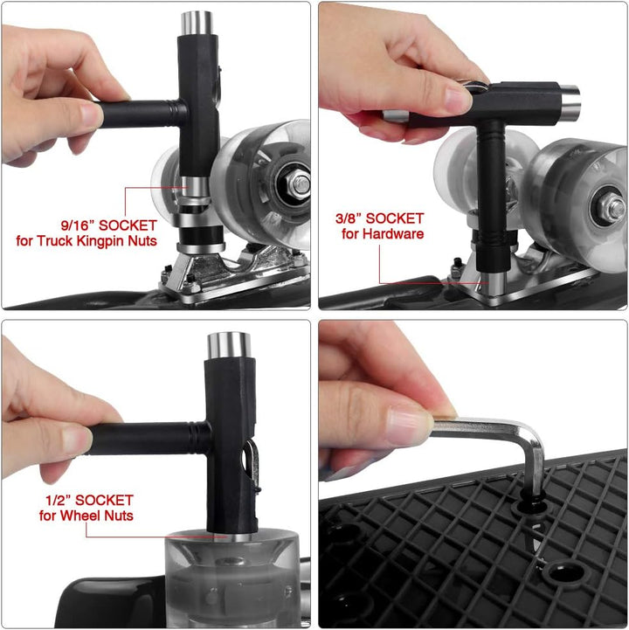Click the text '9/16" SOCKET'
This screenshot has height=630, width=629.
point(109,225)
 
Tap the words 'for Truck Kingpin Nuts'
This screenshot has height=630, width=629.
point(86,241)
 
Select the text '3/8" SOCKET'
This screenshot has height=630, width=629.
point(379,218)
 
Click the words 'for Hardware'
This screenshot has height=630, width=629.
point(383,234)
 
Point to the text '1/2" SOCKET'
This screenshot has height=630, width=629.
point(89,500)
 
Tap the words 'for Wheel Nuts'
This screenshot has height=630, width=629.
point(86,516)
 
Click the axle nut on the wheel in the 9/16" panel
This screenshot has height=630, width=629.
point(299,185)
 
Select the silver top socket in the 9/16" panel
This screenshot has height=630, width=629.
point(197,23)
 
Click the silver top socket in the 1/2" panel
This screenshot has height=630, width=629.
point(229,346)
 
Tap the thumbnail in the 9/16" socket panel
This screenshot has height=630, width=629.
point(90,114)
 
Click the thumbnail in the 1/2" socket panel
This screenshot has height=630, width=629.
point(76,440)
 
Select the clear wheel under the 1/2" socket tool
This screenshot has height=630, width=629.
point(232,578)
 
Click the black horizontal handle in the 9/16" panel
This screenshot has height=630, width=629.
point(141,114)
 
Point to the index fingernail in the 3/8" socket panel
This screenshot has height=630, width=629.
point(458,100)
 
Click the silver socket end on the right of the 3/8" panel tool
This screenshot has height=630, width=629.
point(570,102)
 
